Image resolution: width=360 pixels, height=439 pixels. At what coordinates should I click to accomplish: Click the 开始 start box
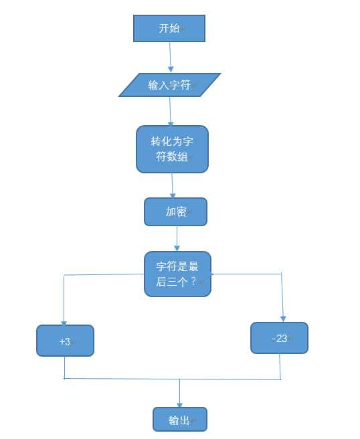169,29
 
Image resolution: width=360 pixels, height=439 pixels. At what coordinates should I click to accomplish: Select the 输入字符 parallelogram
170,85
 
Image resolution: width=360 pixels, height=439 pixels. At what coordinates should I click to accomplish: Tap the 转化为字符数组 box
172,149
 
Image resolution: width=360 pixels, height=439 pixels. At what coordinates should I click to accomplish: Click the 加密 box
175,211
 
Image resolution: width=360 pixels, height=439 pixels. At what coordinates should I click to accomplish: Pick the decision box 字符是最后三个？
177,274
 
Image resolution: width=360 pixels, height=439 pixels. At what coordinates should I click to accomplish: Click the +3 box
65,341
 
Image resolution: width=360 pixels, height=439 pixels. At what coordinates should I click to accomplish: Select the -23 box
279,338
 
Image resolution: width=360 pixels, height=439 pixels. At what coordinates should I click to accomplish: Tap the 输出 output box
179,420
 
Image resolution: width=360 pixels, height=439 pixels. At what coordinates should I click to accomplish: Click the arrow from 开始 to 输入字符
170,56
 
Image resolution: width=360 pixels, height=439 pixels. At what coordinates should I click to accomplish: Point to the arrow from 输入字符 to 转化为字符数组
171,110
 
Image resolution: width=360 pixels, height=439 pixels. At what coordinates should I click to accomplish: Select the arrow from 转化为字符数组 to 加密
173,184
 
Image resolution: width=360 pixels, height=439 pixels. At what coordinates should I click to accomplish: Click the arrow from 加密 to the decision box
177,238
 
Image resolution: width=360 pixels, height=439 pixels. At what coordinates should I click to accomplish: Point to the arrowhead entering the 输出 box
179,404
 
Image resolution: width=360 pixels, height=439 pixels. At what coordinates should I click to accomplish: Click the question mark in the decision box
193,282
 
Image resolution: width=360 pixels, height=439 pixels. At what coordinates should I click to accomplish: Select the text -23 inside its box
280,339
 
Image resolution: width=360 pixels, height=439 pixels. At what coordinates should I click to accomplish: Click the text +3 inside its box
64,341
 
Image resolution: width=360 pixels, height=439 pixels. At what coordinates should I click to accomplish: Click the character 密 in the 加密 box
181,211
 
